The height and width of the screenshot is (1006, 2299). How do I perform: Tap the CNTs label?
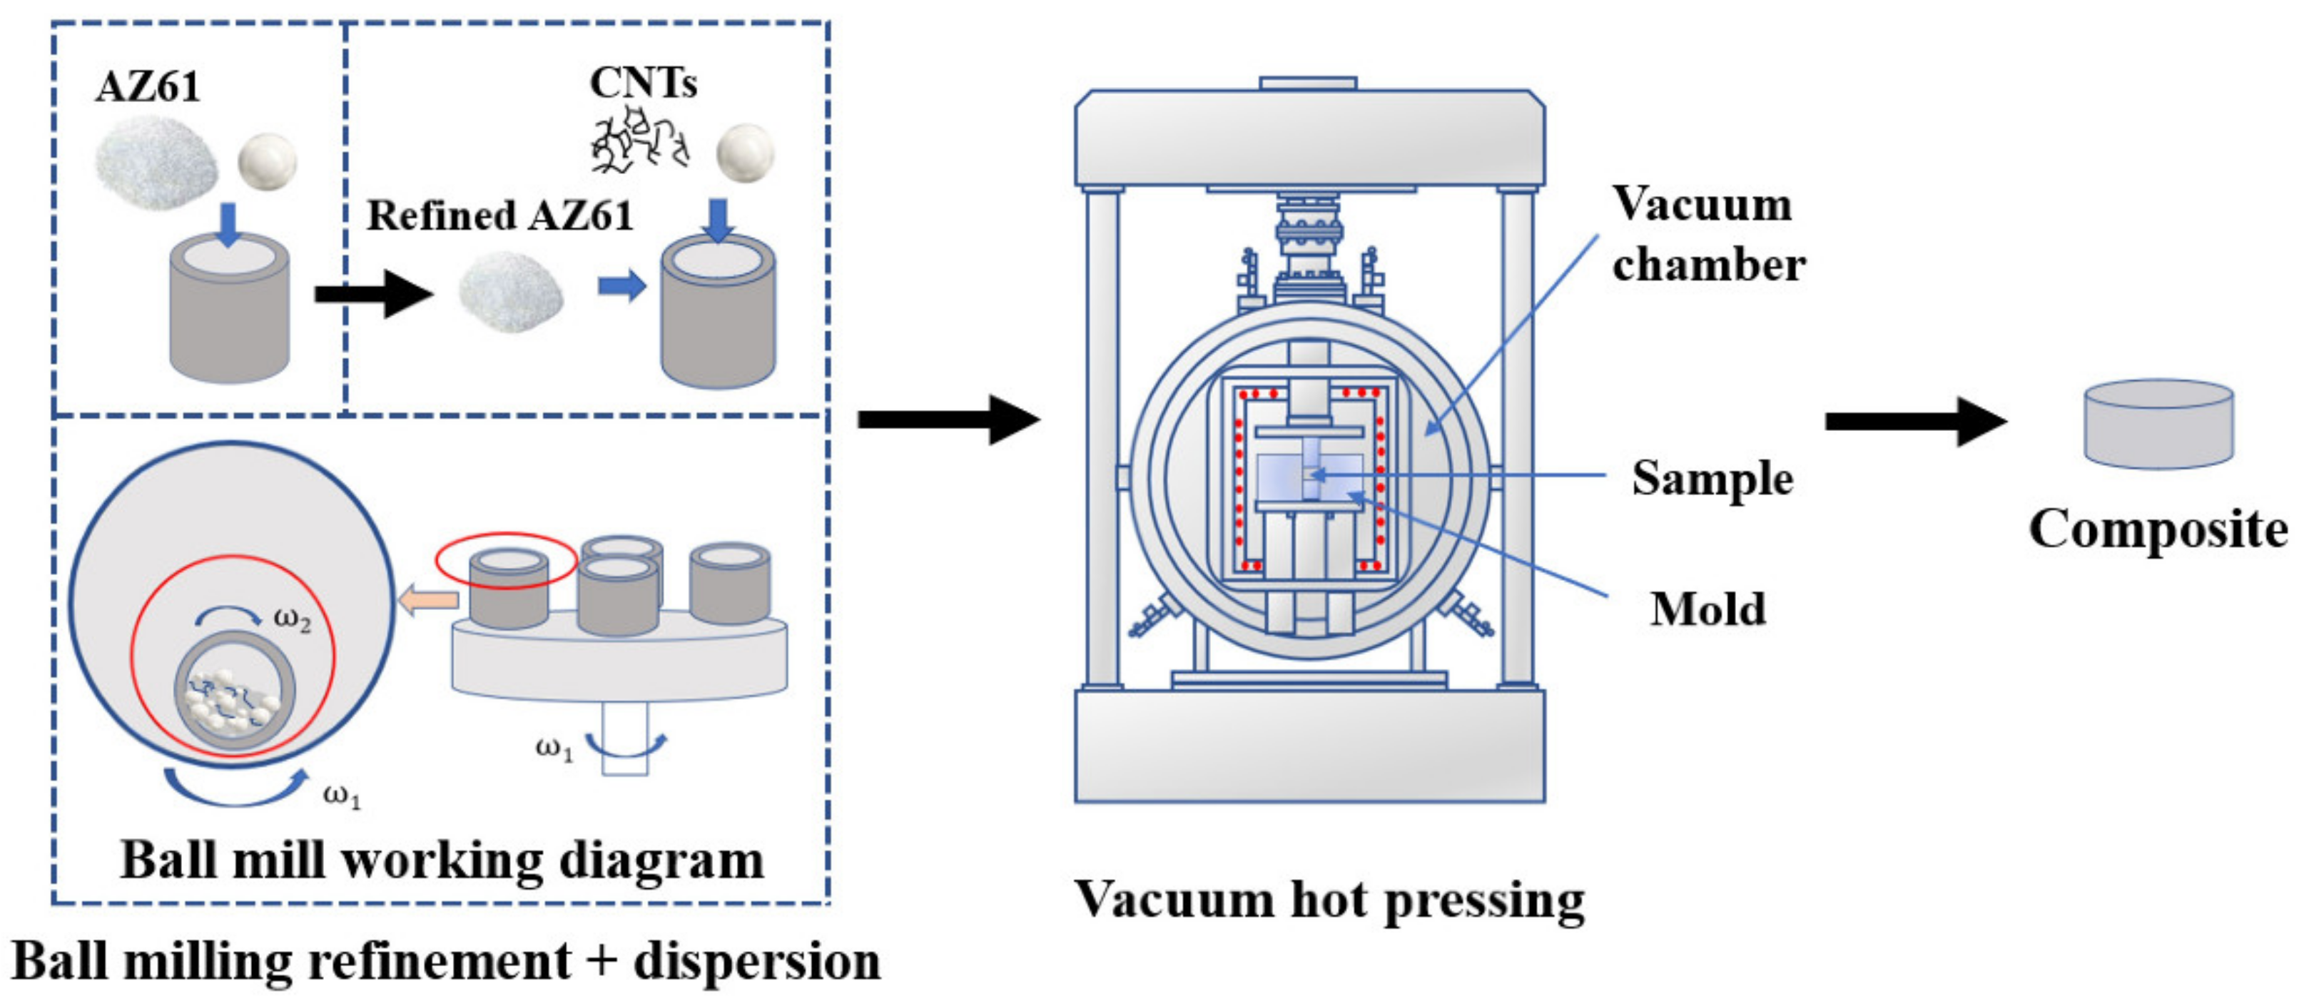(643, 83)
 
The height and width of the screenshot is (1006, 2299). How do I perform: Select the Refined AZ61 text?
(499, 215)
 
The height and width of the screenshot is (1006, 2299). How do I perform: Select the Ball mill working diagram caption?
(442, 860)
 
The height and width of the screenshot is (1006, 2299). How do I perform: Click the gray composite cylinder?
(2158, 425)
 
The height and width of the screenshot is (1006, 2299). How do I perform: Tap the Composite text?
(2158, 529)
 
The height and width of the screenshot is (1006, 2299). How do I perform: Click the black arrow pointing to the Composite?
(1915, 422)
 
